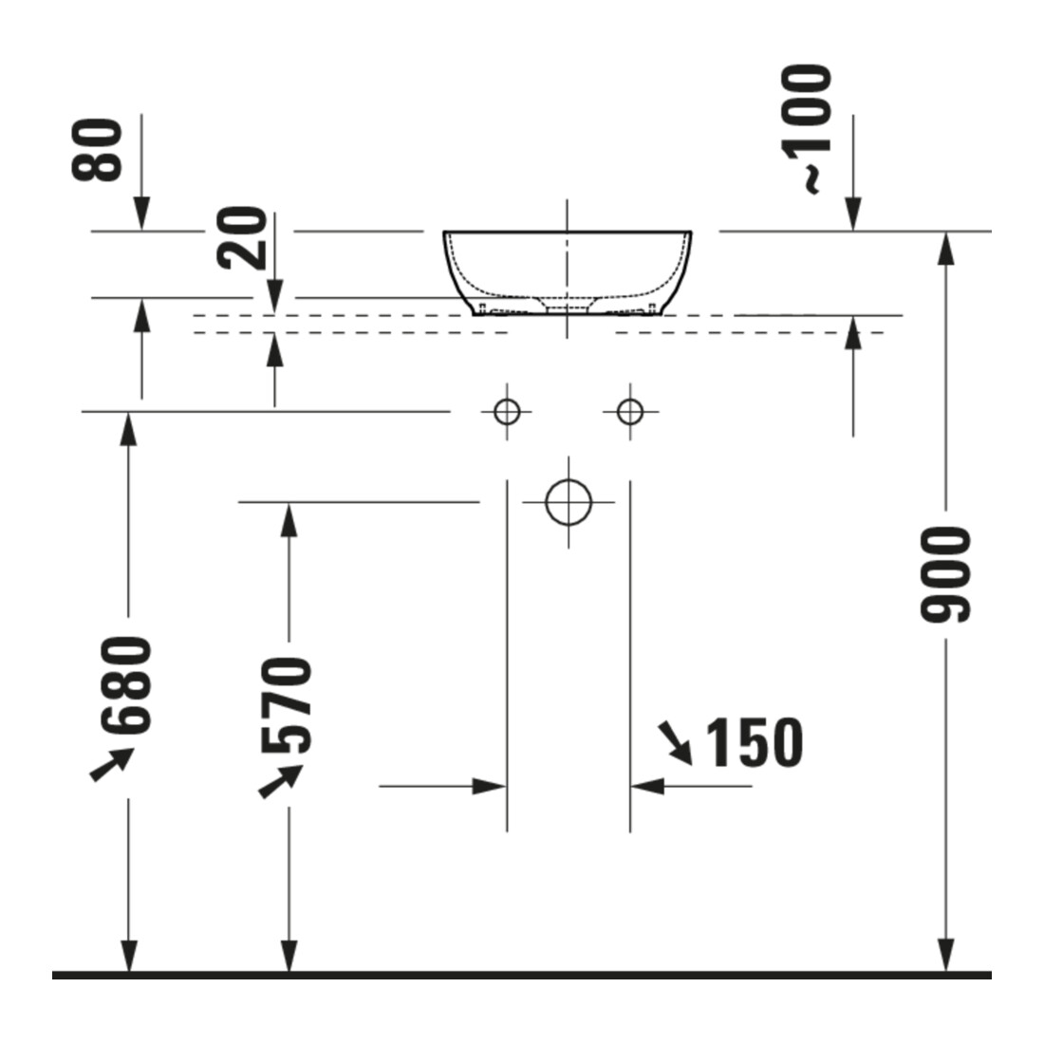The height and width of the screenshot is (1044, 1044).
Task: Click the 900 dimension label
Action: click(x=944, y=575)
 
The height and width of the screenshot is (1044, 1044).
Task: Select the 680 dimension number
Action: click(x=126, y=685)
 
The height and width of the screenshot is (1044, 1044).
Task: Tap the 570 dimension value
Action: click(x=287, y=705)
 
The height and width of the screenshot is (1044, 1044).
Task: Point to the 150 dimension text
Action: click(x=754, y=742)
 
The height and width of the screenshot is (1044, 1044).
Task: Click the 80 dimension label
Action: click(x=97, y=150)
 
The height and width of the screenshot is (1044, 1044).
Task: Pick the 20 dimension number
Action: click(x=242, y=237)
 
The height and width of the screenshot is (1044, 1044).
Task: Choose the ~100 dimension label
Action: click(x=808, y=129)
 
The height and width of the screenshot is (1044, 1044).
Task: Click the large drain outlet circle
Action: click(x=568, y=502)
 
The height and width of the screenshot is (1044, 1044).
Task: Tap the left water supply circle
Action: click(x=507, y=412)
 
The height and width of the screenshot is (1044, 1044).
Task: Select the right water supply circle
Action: click(x=630, y=412)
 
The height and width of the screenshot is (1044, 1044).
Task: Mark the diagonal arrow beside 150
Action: click(x=675, y=743)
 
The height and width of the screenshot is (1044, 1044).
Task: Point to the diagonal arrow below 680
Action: click(x=112, y=764)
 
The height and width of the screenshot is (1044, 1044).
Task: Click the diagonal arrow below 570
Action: click(x=280, y=782)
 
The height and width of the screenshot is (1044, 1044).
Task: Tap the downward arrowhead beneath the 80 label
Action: click(x=141, y=214)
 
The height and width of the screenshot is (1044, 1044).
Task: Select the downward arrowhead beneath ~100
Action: click(x=853, y=214)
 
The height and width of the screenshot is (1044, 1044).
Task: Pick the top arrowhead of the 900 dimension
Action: click(x=945, y=249)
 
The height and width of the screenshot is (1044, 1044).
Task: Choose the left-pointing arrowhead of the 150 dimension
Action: click(x=647, y=787)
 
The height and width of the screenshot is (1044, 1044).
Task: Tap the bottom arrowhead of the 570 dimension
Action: click(x=289, y=956)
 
